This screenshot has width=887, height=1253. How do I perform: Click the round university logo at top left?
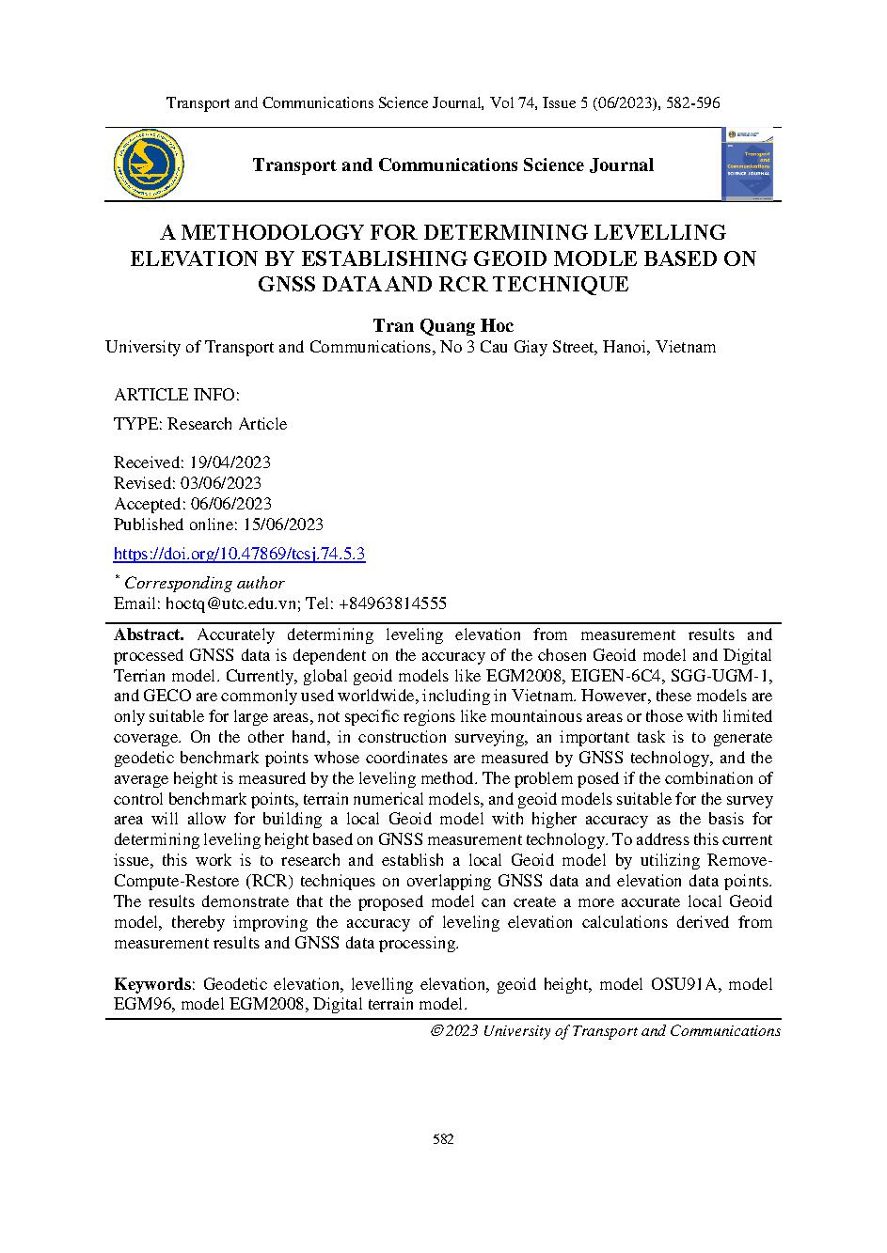[x=148, y=165]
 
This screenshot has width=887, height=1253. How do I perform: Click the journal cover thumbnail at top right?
[x=747, y=164]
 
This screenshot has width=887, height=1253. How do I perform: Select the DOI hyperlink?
[x=239, y=554]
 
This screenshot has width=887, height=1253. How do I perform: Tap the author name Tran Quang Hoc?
[x=443, y=326]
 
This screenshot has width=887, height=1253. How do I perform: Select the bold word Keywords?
[x=152, y=984]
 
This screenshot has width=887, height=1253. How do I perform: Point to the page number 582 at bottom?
[x=443, y=1139]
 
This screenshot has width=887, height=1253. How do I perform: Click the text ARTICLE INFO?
[x=176, y=395]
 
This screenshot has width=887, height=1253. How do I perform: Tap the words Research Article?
[x=227, y=424]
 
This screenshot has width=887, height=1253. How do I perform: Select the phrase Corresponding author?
[x=204, y=583]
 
